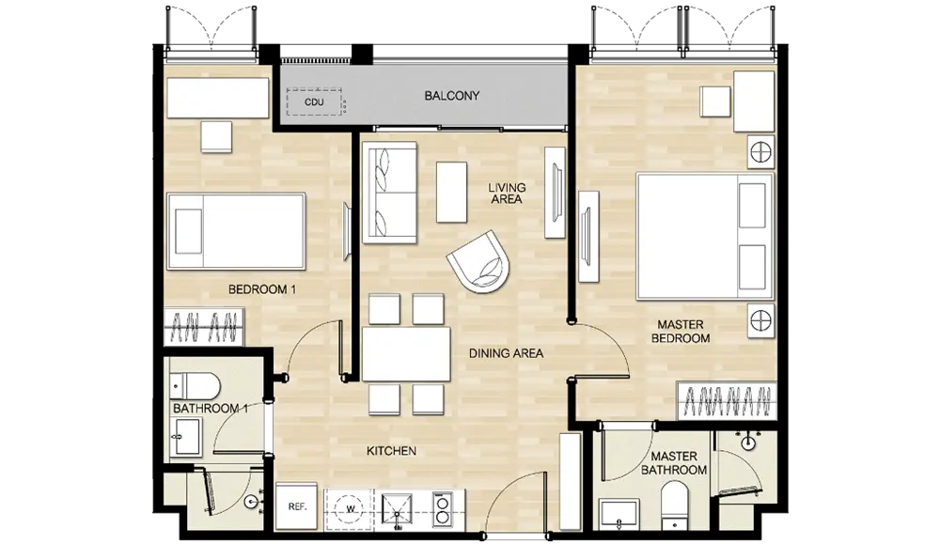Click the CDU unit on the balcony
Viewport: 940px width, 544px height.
point(314,101)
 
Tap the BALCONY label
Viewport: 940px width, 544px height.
point(452,95)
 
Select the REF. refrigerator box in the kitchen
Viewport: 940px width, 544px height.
point(297,506)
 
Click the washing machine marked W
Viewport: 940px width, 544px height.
point(351,510)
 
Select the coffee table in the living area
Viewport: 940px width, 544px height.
point(451,192)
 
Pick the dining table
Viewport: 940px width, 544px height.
point(406,353)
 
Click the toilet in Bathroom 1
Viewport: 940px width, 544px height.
point(195,386)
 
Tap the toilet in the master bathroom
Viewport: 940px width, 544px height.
point(674,506)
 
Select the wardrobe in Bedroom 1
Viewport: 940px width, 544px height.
point(204,327)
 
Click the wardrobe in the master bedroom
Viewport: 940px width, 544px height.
point(727,400)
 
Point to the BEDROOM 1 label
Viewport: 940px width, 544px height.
point(262,289)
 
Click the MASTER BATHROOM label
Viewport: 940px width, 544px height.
point(674,463)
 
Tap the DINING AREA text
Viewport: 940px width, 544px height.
point(506,353)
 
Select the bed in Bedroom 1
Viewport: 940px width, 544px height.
point(236,231)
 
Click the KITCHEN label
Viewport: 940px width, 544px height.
point(391,451)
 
